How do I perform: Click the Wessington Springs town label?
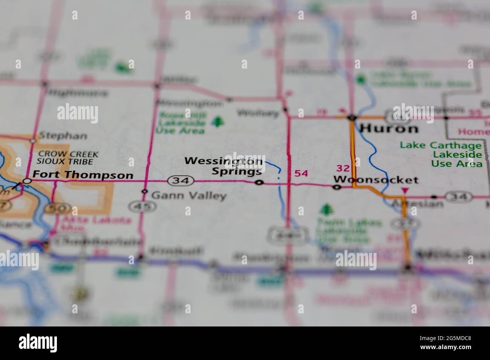click(224, 166)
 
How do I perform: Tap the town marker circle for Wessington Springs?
click(259, 183)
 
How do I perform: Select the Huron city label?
click(389, 129)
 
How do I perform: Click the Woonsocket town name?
click(376, 180)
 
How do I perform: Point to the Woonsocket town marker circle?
click(337, 187)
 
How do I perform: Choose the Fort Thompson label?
click(83, 175)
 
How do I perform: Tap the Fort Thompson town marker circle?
click(27, 181)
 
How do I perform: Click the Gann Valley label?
click(188, 195)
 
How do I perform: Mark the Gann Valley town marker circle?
click(144, 191)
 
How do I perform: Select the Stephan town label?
click(63, 136)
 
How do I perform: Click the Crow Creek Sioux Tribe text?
click(67, 158)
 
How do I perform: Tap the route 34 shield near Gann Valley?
click(181, 181)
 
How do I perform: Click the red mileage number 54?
click(301, 174)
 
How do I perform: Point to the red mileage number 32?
click(343, 168)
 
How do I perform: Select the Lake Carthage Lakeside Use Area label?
click(441, 154)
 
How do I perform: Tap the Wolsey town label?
click(258, 113)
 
